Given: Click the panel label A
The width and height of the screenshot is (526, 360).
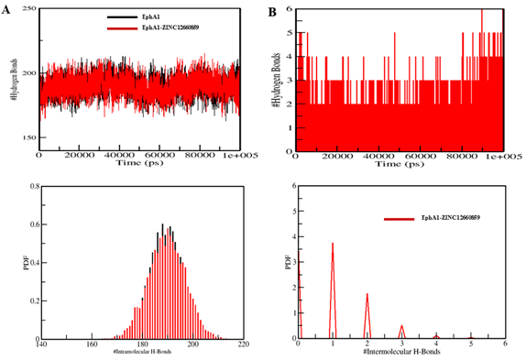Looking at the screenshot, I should click(x=8, y=13).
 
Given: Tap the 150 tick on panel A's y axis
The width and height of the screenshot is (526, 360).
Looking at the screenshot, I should click(x=25, y=137).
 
